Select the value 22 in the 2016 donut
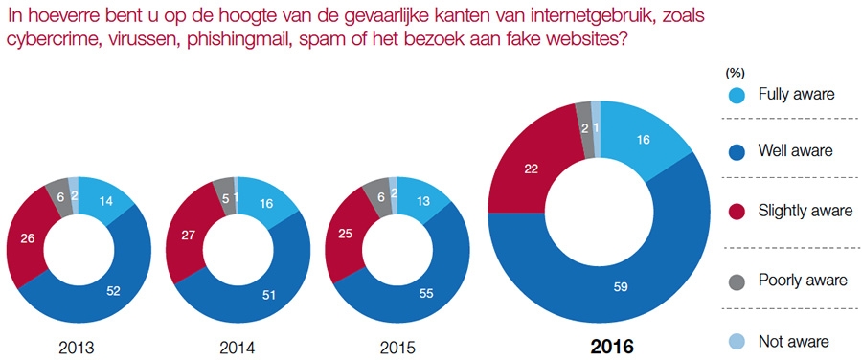tap(531, 167)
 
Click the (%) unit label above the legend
tap(735, 73)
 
